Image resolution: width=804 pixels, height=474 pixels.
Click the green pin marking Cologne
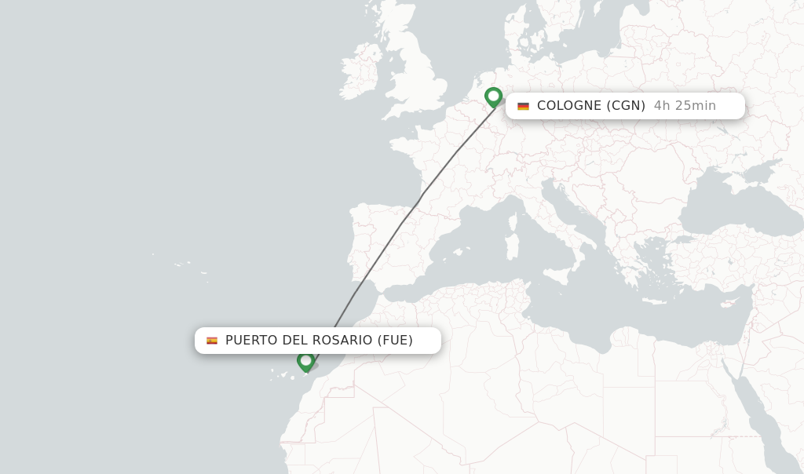coord(493,97)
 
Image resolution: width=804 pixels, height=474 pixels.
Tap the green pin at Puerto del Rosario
coord(305,361)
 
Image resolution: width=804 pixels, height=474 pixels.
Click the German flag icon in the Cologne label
coord(523,106)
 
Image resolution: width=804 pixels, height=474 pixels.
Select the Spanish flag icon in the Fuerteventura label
coord(212,341)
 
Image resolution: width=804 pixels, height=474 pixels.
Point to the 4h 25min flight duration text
coord(685,106)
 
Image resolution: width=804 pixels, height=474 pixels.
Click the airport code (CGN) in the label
coord(625,106)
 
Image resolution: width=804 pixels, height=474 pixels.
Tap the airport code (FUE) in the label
coord(395,341)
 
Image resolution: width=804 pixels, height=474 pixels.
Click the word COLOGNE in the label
coord(569,106)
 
